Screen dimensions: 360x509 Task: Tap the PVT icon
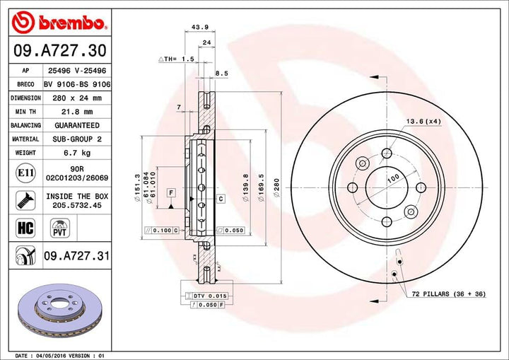coord(59,228)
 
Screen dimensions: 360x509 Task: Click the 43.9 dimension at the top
coord(189,28)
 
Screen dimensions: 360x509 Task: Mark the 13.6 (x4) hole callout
coord(423,122)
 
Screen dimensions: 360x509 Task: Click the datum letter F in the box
coord(171,192)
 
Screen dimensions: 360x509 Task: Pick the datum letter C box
coord(221,199)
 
